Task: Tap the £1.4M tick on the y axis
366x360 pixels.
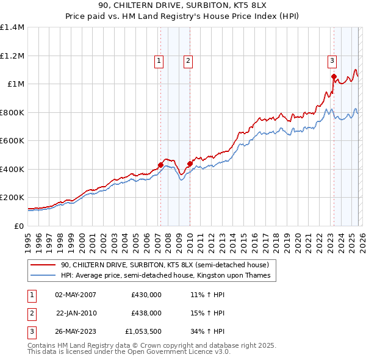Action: pos(12,27)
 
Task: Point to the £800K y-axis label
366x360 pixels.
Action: pos(12,112)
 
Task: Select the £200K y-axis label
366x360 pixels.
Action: pos(12,198)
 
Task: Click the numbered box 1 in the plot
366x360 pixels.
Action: pos(159,60)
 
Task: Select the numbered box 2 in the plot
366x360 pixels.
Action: pos(187,60)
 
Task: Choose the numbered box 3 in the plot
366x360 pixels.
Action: pos(332,60)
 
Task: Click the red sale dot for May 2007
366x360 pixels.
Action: pos(160,165)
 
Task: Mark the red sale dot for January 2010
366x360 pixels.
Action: pos(190,164)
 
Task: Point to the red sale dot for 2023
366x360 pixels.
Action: pos(334,76)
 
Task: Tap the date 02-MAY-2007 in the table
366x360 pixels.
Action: pos(76,294)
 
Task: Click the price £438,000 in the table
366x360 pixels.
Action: pos(146,312)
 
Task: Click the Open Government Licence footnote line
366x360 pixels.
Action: pos(129,351)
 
